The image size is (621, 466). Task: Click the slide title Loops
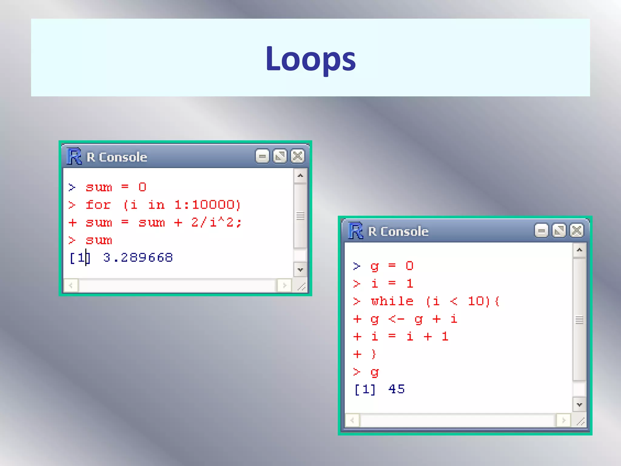click(310, 58)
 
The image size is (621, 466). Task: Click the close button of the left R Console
click(297, 157)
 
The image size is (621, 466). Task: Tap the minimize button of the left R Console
click(262, 157)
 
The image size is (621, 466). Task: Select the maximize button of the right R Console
click(559, 231)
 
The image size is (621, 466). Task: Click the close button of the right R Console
click(577, 231)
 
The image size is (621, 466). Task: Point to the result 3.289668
click(138, 258)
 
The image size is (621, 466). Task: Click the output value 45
click(397, 389)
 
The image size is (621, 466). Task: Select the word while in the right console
click(392, 301)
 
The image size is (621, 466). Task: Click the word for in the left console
click(98, 205)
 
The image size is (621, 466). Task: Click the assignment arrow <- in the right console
click(396, 319)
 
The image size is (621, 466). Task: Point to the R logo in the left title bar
click(74, 157)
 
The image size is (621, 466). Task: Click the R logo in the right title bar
click(356, 231)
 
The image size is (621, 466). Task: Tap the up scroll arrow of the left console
click(300, 176)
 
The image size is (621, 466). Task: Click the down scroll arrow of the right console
click(579, 405)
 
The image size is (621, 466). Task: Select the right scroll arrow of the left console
click(284, 285)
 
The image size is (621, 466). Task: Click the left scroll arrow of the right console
click(352, 420)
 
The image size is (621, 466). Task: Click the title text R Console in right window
click(398, 231)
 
